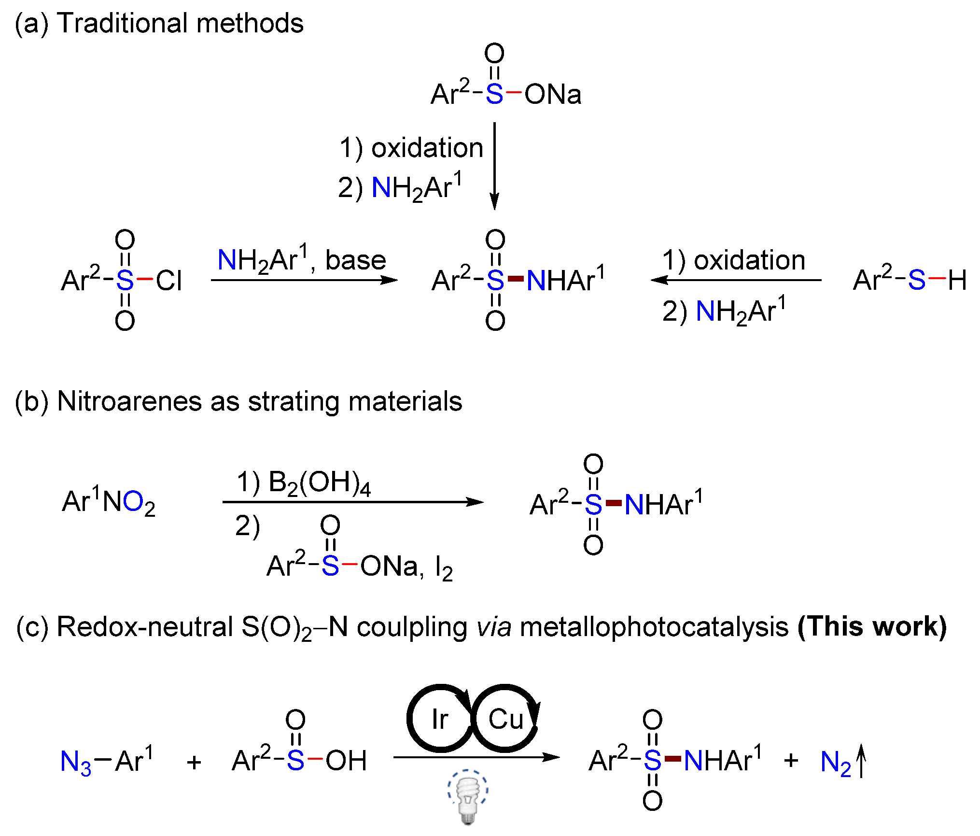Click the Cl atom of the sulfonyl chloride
point(168,280)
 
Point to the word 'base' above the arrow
point(355,260)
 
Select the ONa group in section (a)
point(553,94)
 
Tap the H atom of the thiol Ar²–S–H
point(957,280)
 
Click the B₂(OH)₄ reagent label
point(319,483)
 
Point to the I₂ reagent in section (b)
point(444,568)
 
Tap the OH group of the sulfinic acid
point(346,761)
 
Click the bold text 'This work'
point(872,627)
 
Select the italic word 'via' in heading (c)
point(494,627)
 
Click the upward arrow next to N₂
point(861,761)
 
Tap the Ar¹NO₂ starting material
point(109,502)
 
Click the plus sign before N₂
point(791,761)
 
